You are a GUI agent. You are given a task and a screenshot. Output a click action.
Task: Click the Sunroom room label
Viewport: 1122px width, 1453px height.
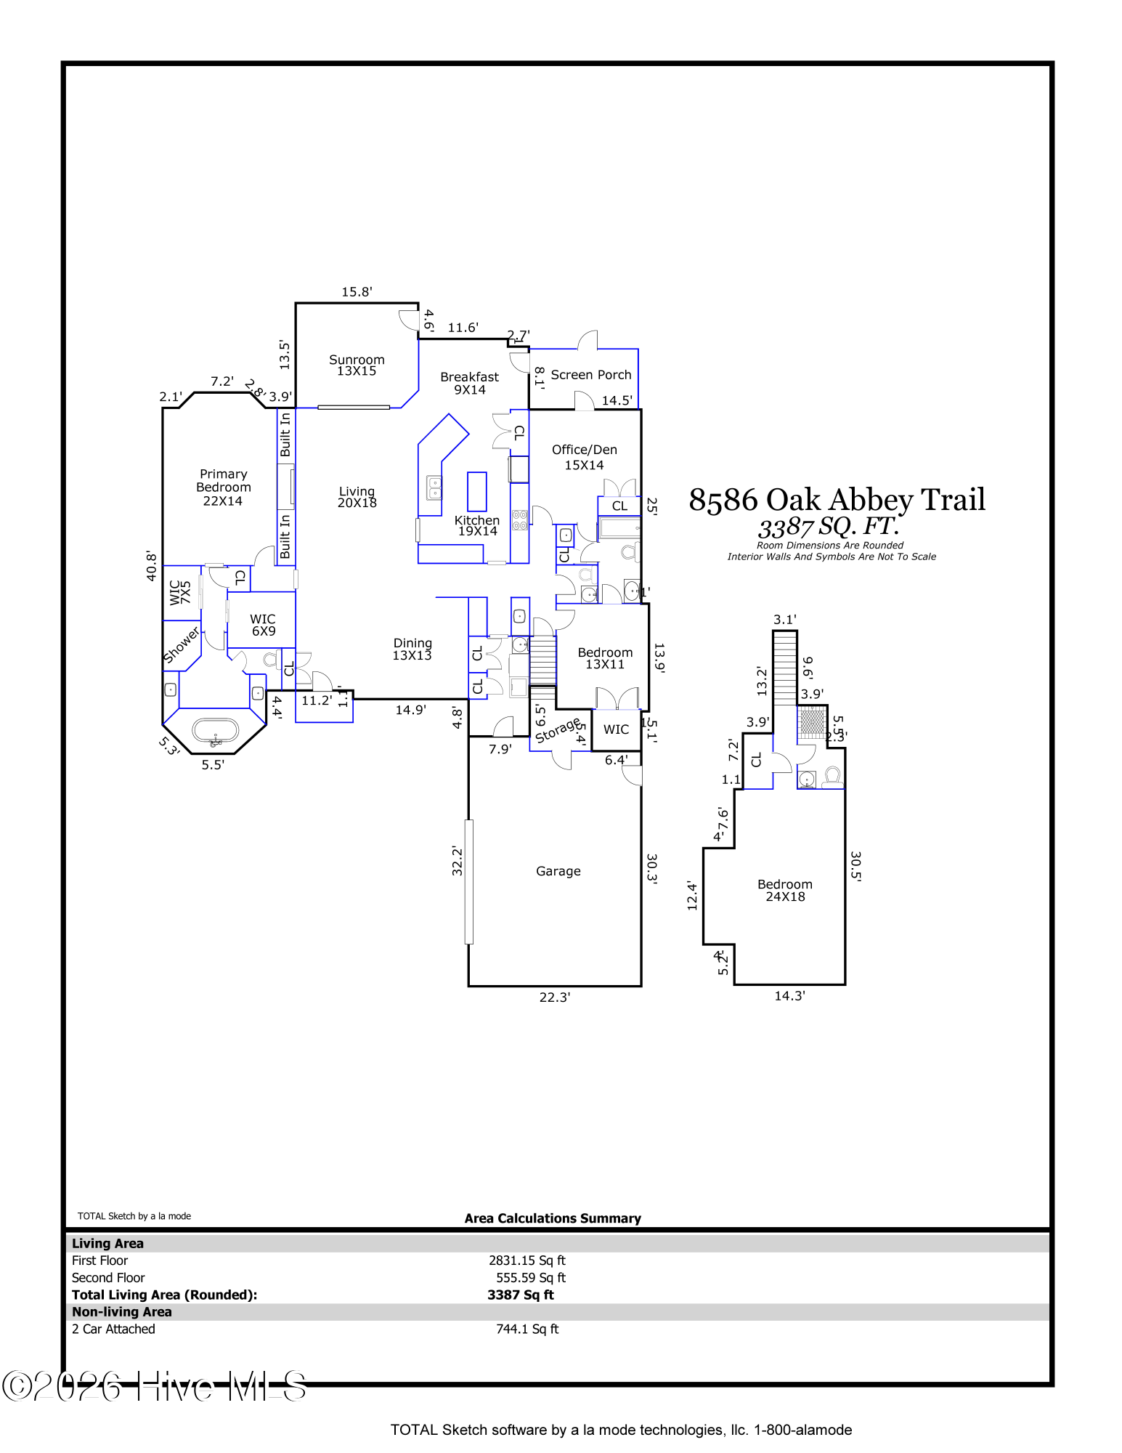point(357,365)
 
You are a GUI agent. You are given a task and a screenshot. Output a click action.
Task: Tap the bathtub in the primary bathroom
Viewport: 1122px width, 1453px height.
point(215,731)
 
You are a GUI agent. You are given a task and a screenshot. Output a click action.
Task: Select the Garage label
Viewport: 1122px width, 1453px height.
point(558,871)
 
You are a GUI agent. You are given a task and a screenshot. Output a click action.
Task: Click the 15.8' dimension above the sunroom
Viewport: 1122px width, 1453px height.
point(357,292)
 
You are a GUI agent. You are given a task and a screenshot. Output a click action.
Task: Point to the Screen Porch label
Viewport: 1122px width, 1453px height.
point(590,375)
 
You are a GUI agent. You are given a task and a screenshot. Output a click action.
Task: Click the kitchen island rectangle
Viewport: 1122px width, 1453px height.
point(476,492)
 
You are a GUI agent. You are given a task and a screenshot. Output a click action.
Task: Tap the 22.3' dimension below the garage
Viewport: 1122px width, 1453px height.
point(554,997)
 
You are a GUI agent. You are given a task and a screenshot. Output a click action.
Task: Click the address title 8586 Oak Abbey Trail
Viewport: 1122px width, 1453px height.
point(837,500)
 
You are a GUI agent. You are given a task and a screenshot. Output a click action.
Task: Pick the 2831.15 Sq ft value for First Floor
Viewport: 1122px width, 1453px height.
point(527,1260)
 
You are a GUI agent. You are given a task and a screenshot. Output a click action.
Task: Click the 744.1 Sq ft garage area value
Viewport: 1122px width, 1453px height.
point(527,1329)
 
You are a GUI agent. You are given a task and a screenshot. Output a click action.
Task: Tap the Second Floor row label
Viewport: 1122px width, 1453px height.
point(108,1278)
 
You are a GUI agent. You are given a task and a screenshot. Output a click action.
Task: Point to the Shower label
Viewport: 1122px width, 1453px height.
point(181,645)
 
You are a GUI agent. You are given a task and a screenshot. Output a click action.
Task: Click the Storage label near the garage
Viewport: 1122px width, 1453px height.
point(557,731)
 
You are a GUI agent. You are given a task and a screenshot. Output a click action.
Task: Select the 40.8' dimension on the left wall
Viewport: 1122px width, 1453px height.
point(151,565)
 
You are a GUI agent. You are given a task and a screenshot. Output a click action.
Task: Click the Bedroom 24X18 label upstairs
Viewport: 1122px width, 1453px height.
point(784,890)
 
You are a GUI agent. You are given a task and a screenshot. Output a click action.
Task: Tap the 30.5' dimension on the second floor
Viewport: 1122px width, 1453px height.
point(855,866)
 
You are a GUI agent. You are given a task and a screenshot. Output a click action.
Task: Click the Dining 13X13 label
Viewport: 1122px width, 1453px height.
point(412,649)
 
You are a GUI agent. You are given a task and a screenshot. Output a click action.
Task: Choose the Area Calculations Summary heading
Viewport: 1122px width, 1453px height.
point(553,1218)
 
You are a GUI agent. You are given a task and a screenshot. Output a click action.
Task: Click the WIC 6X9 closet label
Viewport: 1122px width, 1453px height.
point(263,625)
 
